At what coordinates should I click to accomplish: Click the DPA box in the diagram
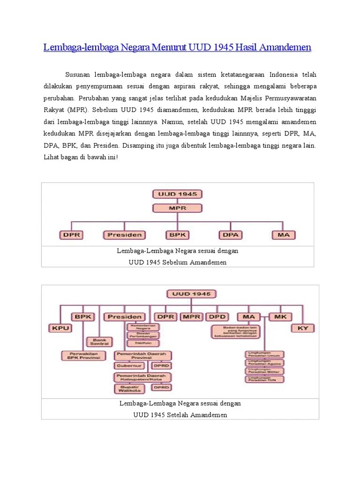230,234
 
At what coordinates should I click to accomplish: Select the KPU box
60,328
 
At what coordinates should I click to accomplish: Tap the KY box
303,328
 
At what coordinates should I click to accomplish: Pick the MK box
280,317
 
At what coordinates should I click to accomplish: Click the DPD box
217,317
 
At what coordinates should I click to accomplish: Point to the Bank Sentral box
99,342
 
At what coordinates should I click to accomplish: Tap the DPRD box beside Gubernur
161,365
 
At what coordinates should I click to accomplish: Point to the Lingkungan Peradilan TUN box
265,378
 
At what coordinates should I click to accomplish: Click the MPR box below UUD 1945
177,208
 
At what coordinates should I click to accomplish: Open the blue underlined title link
177,48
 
